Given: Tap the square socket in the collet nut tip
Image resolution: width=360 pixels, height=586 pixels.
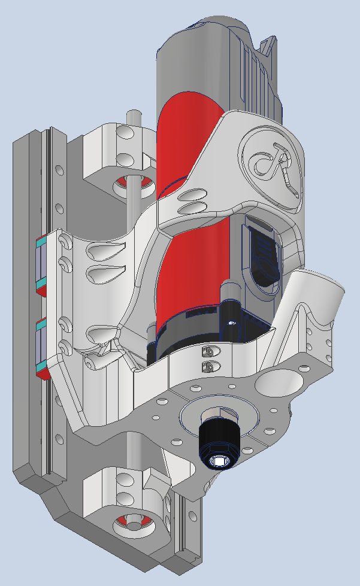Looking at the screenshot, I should [x=219, y=461].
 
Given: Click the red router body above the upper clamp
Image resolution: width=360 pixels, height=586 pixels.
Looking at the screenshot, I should [x=180, y=138].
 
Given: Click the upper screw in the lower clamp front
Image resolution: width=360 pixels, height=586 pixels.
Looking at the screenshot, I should [x=208, y=350].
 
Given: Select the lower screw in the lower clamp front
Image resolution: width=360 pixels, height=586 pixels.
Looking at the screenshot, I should [x=208, y=365].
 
